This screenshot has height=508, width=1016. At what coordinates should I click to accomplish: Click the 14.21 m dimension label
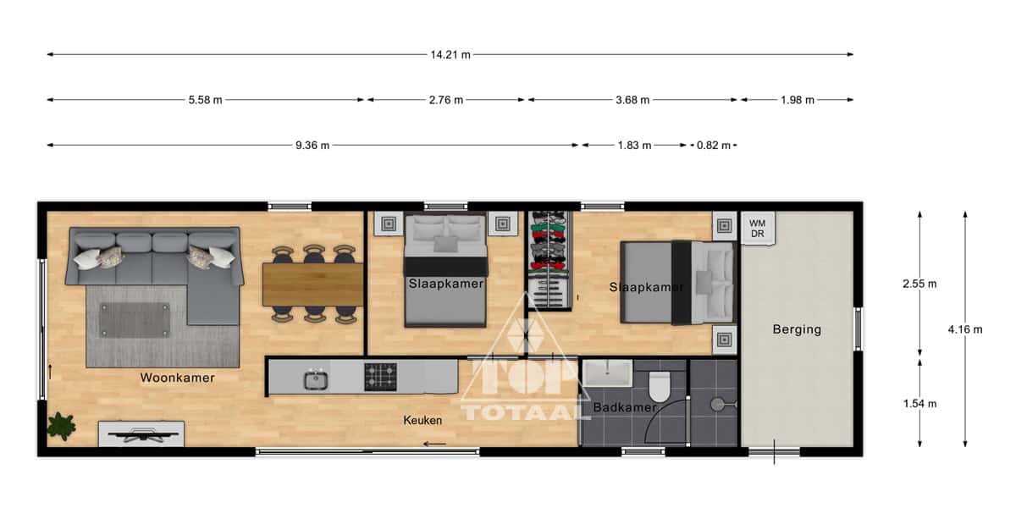(x=450, y=55)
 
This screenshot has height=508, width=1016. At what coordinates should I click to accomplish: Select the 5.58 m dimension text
(x=205, y=100)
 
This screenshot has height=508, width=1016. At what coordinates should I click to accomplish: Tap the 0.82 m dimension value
(x=714, y=146)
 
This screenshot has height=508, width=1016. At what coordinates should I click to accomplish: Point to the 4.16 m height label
(x=964, y=329)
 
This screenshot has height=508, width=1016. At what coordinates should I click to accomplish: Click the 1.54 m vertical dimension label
(x=919, y=404)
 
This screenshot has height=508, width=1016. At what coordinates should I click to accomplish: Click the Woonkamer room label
(x=177, y=378)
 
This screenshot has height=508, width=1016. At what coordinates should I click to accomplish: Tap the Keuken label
(x=422, y=421)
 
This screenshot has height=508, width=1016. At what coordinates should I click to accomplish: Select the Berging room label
(x=797, y=329)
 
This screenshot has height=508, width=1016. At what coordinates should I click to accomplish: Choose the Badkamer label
(x=625, y=407)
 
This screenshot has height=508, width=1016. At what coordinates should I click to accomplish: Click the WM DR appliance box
(x=758, y=229)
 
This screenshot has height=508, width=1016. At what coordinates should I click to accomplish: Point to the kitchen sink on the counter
(x=316, y=379)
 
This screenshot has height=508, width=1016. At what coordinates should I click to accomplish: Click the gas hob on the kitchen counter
(x=380, y=377)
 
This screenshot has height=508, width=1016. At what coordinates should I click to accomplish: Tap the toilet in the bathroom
(x=660, y=386)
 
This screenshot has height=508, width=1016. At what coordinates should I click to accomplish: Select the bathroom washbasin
(x=607, y=373)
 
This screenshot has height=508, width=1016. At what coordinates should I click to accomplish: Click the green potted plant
(x=61, y=427)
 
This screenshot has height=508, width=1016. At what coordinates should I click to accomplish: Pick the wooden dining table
(x=313, y=284)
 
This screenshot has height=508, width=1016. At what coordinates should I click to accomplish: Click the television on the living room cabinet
(x=142, y=435)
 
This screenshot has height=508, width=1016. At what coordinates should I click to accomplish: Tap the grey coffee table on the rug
(x=135, y=320)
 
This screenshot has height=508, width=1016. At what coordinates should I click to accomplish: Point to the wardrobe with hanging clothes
(x=549, y=261)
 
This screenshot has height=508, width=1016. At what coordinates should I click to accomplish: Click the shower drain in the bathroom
(x=718, y=405)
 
